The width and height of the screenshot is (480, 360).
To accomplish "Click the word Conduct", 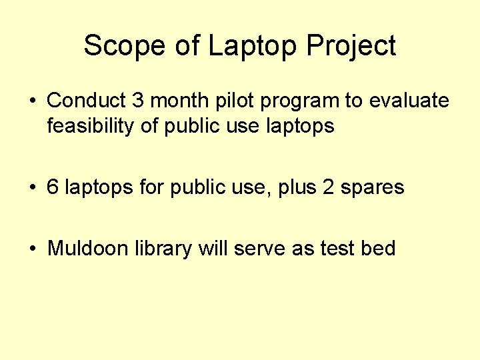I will (x=87, y=101).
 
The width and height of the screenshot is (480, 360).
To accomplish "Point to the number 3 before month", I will (x=138, y=101).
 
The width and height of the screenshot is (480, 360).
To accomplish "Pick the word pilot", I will (x=236, y=101).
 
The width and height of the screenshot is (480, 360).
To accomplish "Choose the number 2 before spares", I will (x=328, y=187).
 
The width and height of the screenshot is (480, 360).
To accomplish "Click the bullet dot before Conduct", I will (x=33, y=101).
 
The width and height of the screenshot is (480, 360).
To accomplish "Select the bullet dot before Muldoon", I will (x=33, y=249).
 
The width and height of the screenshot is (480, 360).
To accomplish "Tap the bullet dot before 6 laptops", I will (x=33, y=188).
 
